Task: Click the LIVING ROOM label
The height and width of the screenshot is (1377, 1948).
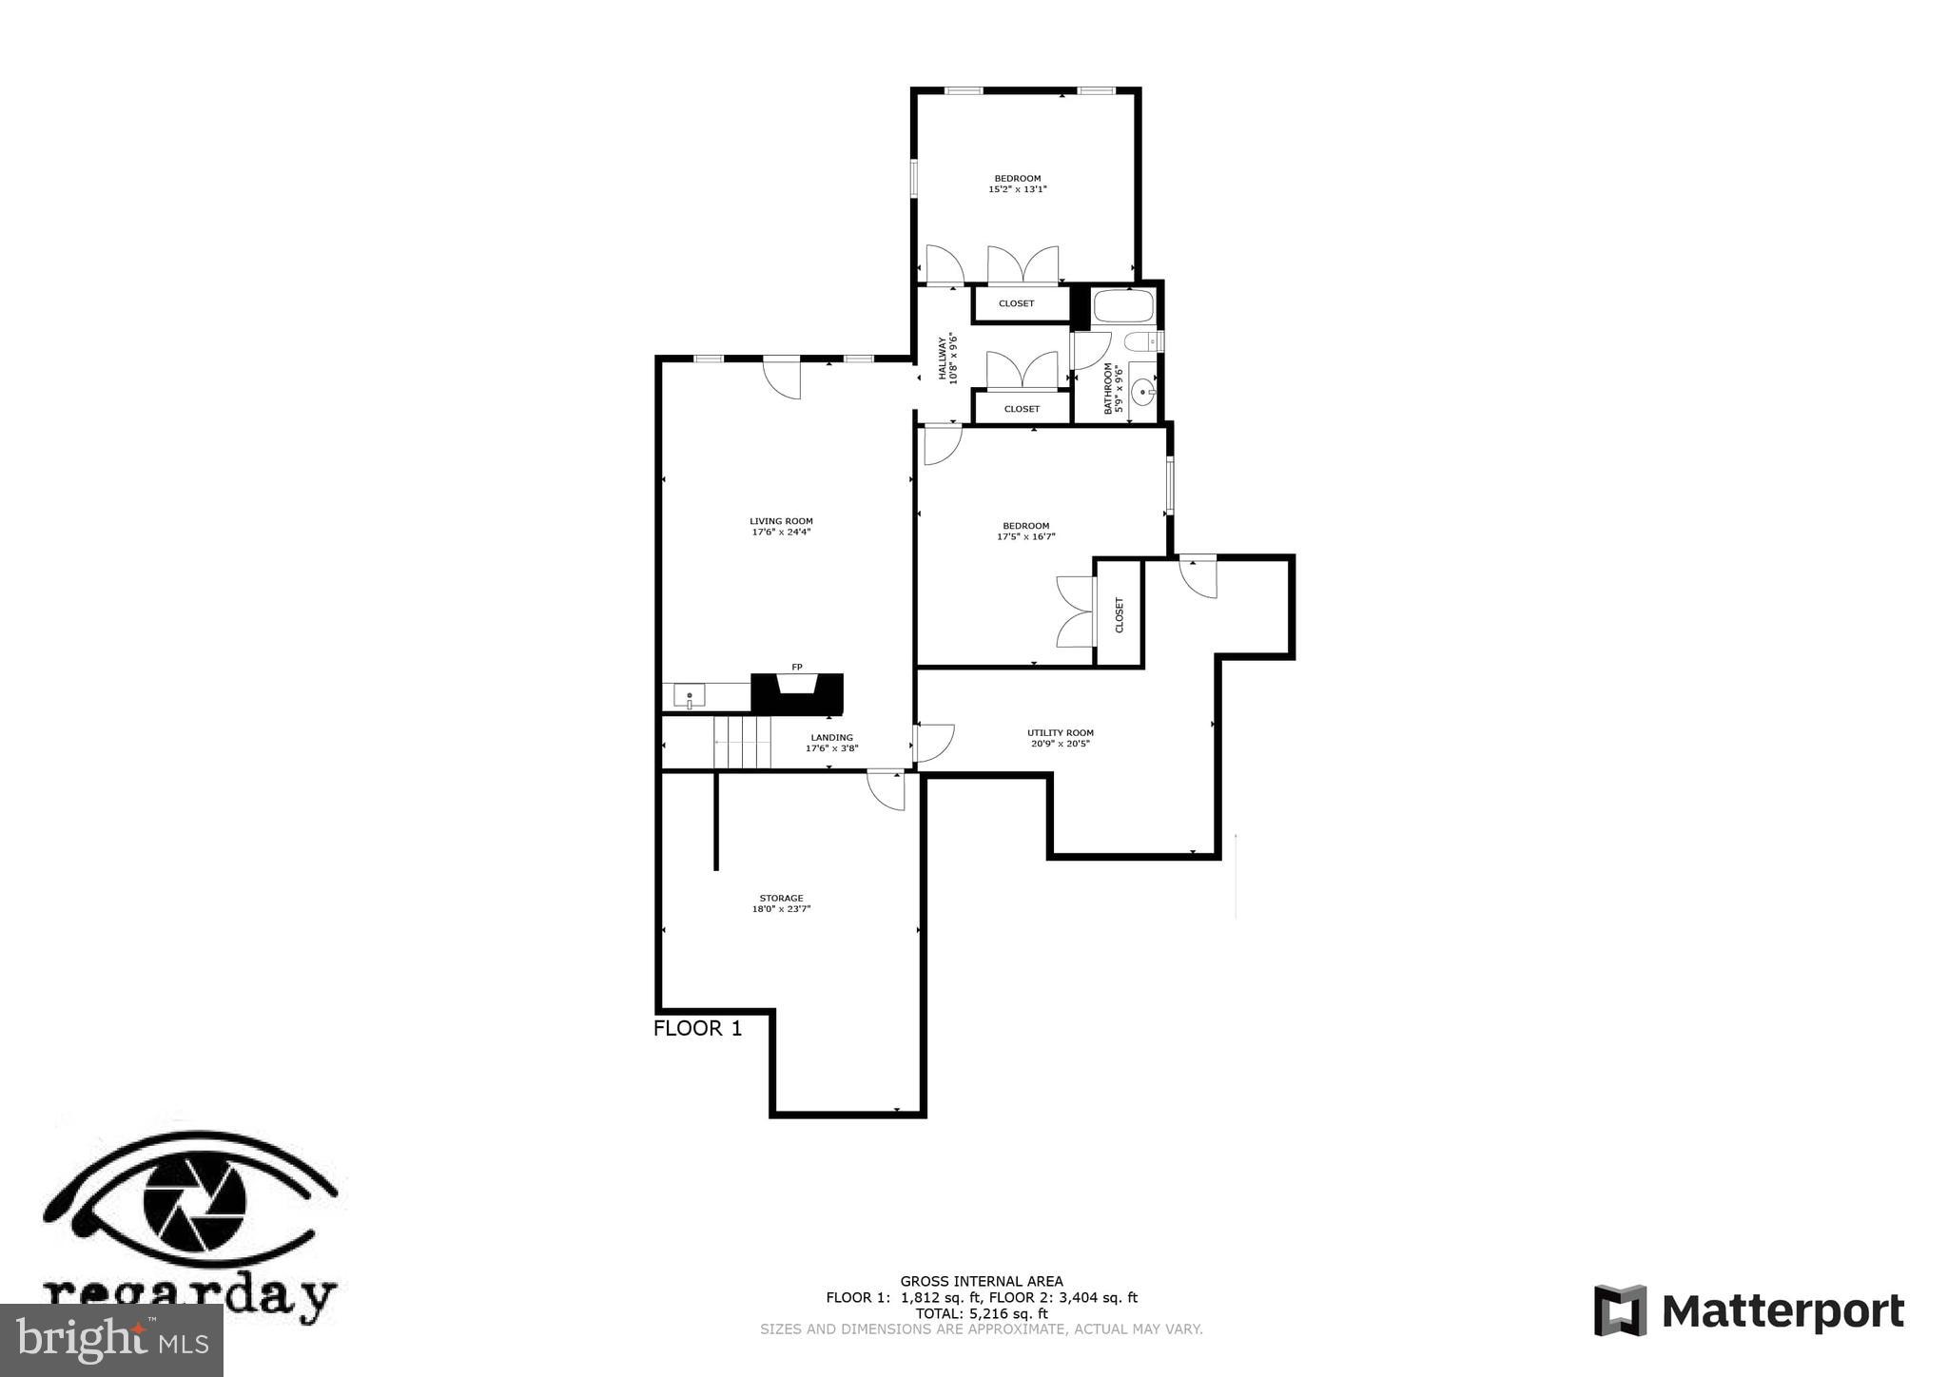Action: (781, 521)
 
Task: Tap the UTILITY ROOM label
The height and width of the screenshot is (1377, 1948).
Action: (1060, 732)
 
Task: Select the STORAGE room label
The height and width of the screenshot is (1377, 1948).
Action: (781, 898)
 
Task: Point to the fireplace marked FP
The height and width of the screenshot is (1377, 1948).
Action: (797, 691)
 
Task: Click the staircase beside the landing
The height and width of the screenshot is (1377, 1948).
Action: (743, 742)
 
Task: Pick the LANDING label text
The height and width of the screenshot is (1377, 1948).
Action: (831, 737)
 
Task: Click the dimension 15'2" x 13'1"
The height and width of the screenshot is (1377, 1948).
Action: (1017, 189)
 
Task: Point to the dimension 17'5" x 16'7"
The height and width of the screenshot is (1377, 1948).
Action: (1025, 537)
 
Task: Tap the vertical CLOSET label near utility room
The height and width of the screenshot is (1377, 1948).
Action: (1119, 614)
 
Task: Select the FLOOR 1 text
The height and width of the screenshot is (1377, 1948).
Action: (697, 1028)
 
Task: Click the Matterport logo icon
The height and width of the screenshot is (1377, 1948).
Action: (1620, 1309)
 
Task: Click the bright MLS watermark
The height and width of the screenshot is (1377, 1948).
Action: (111, 1340)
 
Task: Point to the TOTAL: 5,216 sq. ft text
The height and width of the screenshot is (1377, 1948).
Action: (981, 1313)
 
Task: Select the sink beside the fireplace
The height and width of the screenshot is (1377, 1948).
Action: (689, 696)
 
